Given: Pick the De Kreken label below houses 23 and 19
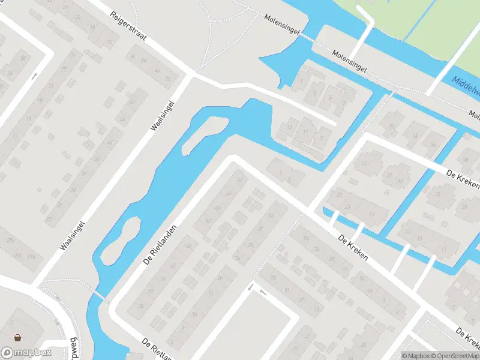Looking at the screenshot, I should pyautogui.click(x=353, y=247).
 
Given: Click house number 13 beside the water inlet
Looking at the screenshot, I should pyautogui.click(x=291, y=127).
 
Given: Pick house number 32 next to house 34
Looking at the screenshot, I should pyautogui.click(x=393, y=126).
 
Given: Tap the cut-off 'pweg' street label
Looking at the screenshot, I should pyautogui.click(x=74, y=346).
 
